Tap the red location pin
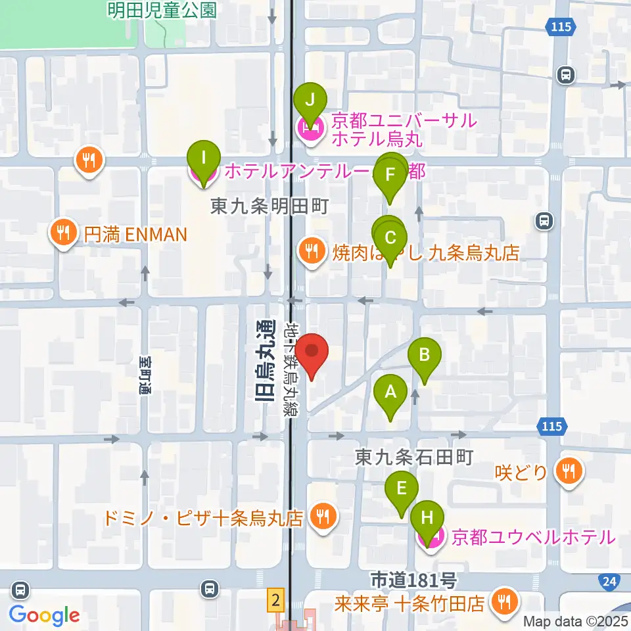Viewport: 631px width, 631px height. click(x=312, y=356)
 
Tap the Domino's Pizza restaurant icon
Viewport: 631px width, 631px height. click(x=322, y=517)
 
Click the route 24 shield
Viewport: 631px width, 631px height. click(x=609, y=580)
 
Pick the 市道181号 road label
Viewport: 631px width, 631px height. click(x=413, y=581)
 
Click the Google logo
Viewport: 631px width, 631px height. click(x=45, y=615)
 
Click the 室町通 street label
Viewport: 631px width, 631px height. click(x=145, y=375)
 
